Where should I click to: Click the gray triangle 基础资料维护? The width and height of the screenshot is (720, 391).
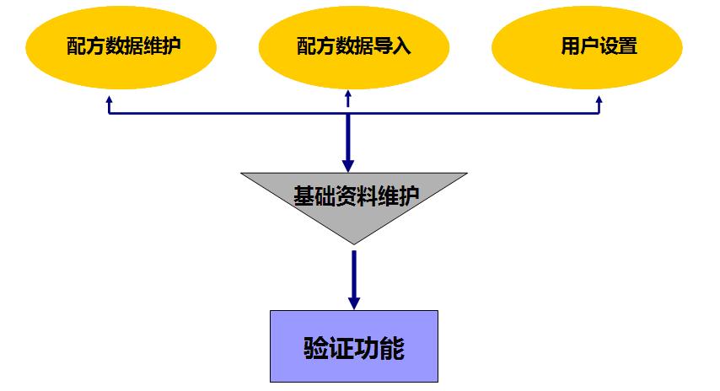pos(354,197)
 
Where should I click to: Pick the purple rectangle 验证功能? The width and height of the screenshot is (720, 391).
pos(354,346)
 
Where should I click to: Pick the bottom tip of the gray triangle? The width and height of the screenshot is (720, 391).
pos(354,244)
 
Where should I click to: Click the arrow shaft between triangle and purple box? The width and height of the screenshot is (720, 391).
pos(354,270)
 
